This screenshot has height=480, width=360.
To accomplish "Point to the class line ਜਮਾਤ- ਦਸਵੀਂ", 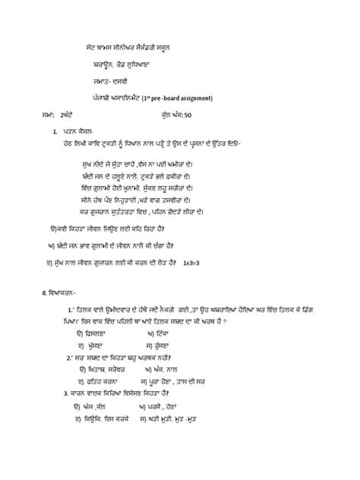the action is coord(113,81).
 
